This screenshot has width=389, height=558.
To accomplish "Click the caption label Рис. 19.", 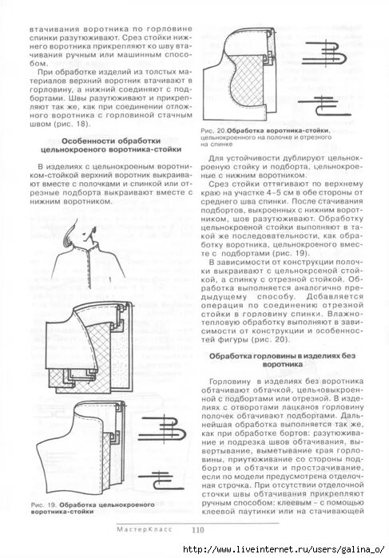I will pos(42,505).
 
